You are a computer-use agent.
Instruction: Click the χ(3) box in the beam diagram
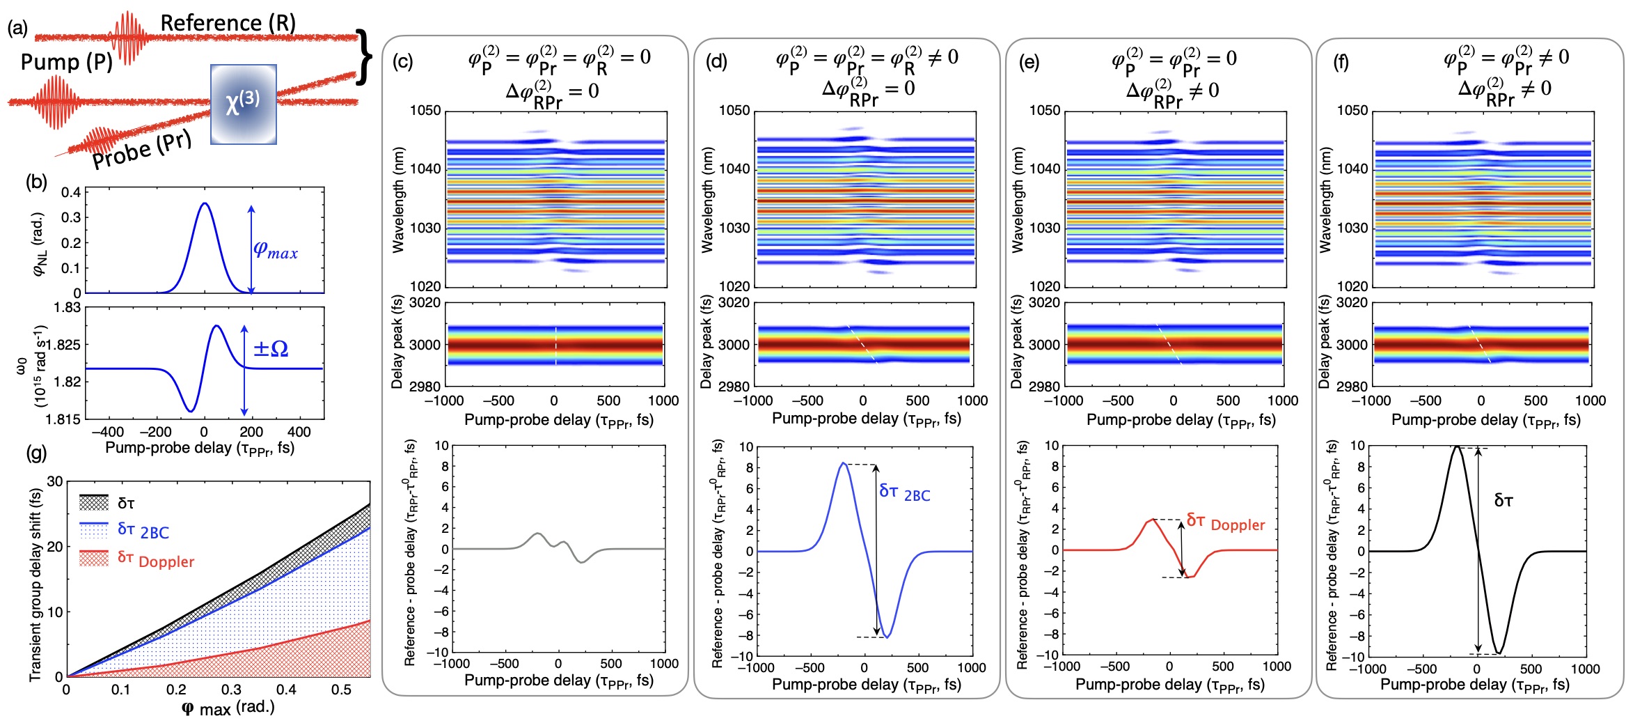[244, 104]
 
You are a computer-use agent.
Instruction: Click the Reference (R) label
[228, 23]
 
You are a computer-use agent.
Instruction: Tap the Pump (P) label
[66, 62]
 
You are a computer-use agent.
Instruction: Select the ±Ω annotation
[271, 348]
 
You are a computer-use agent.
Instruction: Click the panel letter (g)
[36, 453]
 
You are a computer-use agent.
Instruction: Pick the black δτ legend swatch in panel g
[94, 502]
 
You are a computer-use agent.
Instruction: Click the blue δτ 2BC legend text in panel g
[143, 531]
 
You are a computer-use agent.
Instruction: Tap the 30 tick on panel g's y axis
[55, 481]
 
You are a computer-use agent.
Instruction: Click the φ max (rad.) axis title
[228, 708]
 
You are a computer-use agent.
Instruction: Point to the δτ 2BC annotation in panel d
[904, 492]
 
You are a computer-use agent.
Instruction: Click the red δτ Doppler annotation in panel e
[1225, 522]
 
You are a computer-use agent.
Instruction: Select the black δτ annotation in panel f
[1503, 500]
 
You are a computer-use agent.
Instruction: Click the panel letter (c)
[403, 62]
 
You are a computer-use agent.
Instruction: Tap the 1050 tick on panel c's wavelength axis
[425, 111]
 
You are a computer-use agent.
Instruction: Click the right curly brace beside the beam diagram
[363, 57]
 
